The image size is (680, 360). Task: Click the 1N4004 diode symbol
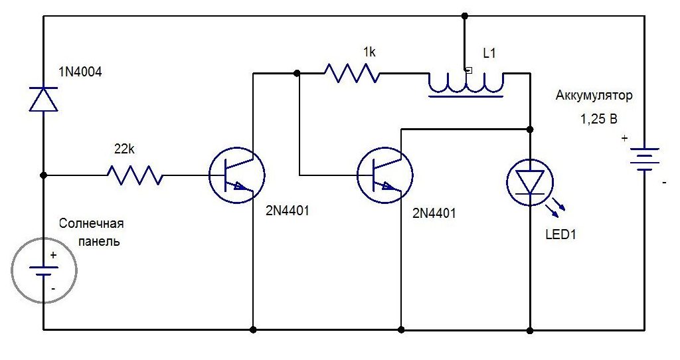[x=43, y=99]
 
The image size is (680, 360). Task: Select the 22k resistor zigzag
[x=135, y=175]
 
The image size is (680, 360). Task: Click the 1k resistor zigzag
[x=352, y=73]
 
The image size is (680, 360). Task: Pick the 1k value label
[x=369, y=51]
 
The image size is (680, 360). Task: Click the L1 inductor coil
[x=466, y=83]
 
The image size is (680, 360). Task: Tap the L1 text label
[x=489, y=54]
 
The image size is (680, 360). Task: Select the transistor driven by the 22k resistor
[x=237, y=175]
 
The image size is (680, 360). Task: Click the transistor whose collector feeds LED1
[x=385, y=175]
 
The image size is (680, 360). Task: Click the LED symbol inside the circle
[x=530, y=181]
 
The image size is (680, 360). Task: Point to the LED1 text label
[x=560, y=234]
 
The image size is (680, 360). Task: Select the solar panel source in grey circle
[x=43, y=269]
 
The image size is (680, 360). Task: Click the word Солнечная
[x=92, y=223]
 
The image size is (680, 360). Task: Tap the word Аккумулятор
[x=594, y=96]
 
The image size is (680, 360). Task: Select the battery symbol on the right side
[x=643, y=159]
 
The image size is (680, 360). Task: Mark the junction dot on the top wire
[x=465, y=15]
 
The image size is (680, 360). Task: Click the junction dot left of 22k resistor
[x=43, y=175]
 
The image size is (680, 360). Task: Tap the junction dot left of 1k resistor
[x=297, y=73]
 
